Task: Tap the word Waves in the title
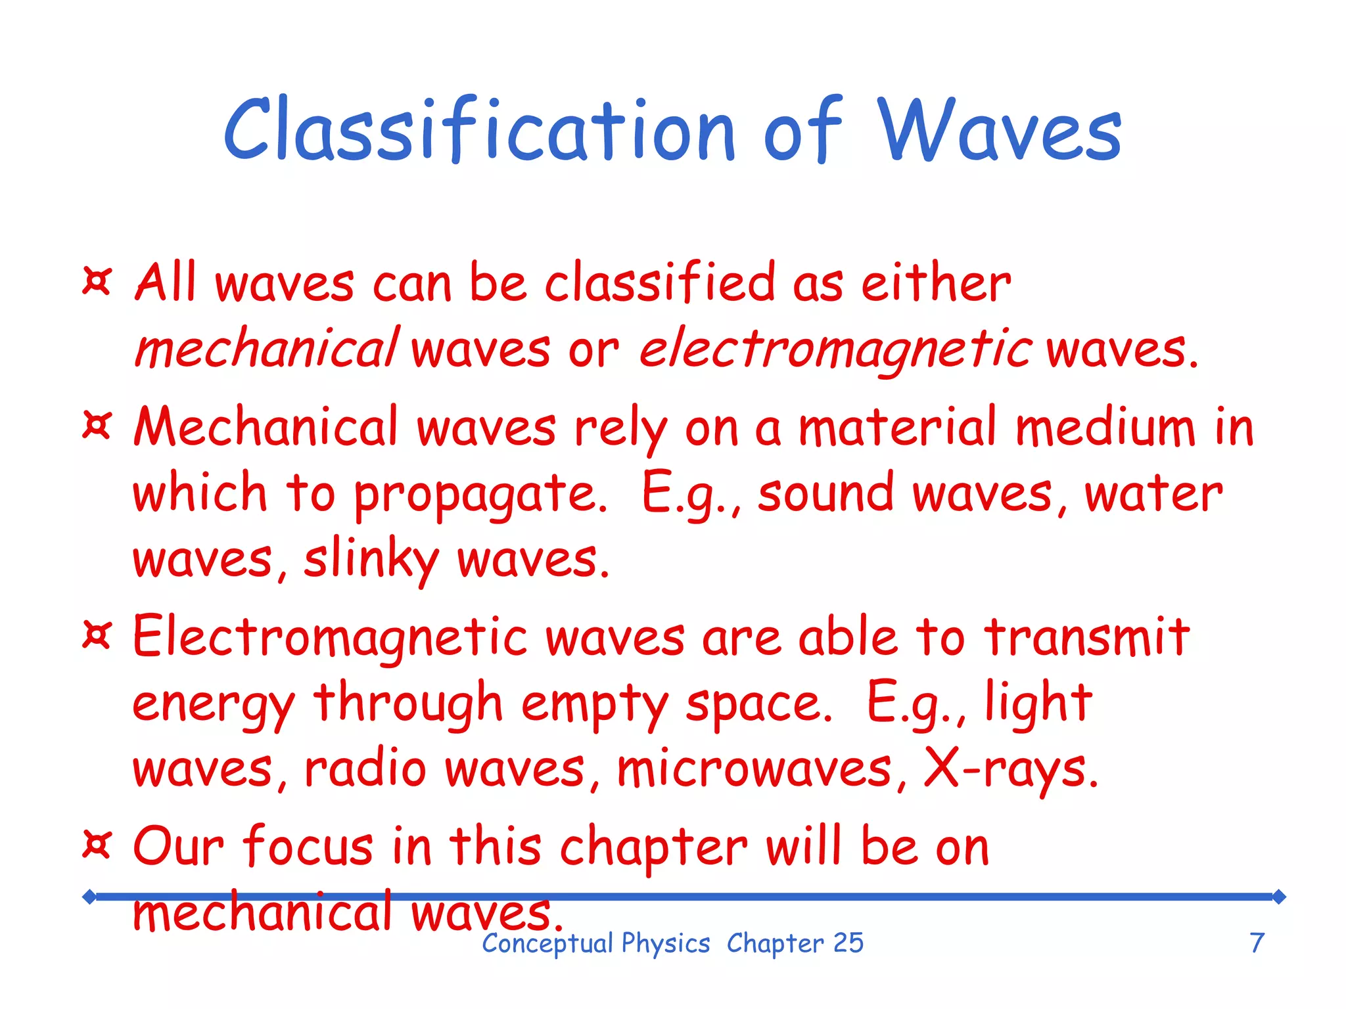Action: (1000, 130)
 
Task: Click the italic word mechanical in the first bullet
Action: (266, 348)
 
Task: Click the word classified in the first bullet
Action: (660, 282)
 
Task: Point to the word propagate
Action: (480, 494)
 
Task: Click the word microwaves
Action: (754, 769)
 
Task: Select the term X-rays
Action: (1011, 769)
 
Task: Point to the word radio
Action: (365, 769)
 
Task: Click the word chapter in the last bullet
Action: (653, 847)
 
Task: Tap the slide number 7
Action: (1257, 943)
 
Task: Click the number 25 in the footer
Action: (848, 943)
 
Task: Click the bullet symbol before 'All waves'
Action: (97, 281)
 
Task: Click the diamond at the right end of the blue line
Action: (1278, 897)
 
